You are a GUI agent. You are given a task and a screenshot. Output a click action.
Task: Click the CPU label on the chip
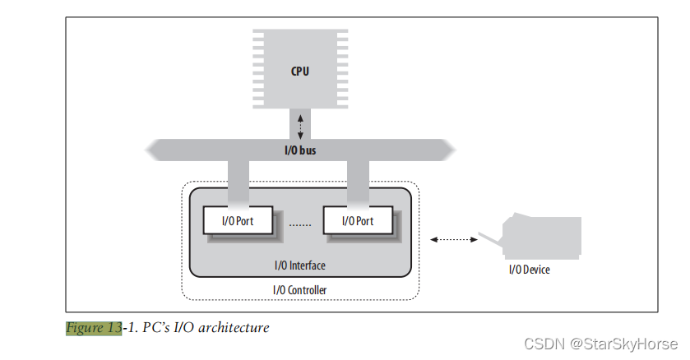[x=299, y=72]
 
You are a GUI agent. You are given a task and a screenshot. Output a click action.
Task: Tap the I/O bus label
[x=299, y=150]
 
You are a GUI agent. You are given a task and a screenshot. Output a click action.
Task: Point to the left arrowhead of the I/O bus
[x=152, y=150]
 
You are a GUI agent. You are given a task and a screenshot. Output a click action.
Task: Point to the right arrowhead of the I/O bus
[x=447, y=150]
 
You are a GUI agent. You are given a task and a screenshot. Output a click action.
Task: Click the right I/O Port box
[x=357, y=220]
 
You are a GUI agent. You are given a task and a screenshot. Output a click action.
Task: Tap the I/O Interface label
[x=299, y=265]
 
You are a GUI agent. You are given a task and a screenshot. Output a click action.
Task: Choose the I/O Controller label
[x=299, y=289]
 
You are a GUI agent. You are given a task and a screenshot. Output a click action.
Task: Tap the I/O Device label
[x=529, y=270]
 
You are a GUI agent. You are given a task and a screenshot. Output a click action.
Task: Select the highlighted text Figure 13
[x=94, y=328]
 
